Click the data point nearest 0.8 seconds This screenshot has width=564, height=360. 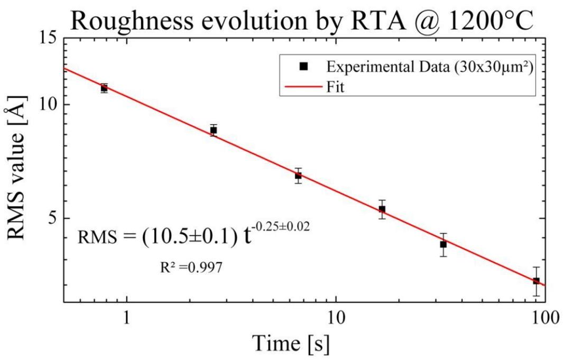click(105, 88)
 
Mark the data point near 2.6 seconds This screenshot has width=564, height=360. click(214, 130)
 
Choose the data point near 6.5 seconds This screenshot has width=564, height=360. click(298, 176)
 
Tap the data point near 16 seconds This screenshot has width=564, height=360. click(382, 209)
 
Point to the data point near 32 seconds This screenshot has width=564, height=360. click(443, 244)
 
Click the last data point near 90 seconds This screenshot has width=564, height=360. click(536, 281)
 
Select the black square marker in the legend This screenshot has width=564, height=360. click(303, 66)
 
